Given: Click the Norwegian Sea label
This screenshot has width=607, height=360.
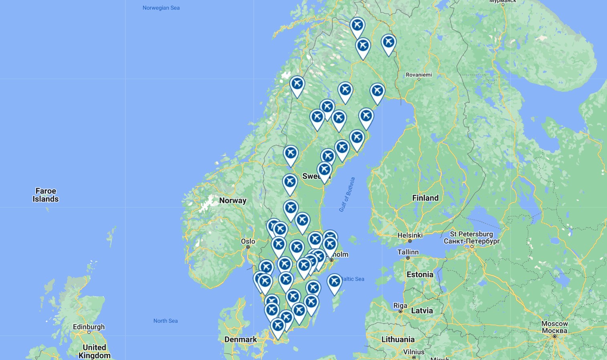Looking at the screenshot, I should (x=161, y=8).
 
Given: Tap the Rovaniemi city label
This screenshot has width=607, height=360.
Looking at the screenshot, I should (x=419, y=75).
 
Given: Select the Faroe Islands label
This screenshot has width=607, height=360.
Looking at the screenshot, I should (x=46, y=195).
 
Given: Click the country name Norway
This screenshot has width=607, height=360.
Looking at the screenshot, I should (x=233, y=200).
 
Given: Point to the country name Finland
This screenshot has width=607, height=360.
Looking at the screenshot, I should (x=425, y=198).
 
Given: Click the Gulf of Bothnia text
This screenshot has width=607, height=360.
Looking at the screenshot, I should (x=347, y=194).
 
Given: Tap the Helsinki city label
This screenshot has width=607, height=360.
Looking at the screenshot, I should (x=410, y=235).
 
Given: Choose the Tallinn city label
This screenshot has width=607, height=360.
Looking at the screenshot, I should (x=408, y=252).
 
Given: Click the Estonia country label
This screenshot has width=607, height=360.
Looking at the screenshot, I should (x=420, y=275).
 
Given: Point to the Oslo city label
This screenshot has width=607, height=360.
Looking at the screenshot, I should (x=248, y=241).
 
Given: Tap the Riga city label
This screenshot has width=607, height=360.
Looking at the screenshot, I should (x=400, y=305).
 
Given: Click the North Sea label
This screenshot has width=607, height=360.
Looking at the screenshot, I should (x=165, y=321).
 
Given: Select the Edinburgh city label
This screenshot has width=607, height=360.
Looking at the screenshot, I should (x=89, y=327).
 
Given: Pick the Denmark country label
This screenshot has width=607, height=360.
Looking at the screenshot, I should (x=241, y=340).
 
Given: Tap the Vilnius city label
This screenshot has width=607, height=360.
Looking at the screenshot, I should (x=414, y=352).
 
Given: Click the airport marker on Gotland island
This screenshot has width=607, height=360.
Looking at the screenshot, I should (x=334, y=282).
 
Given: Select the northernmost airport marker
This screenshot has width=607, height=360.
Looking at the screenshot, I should (x=357, y=26).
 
